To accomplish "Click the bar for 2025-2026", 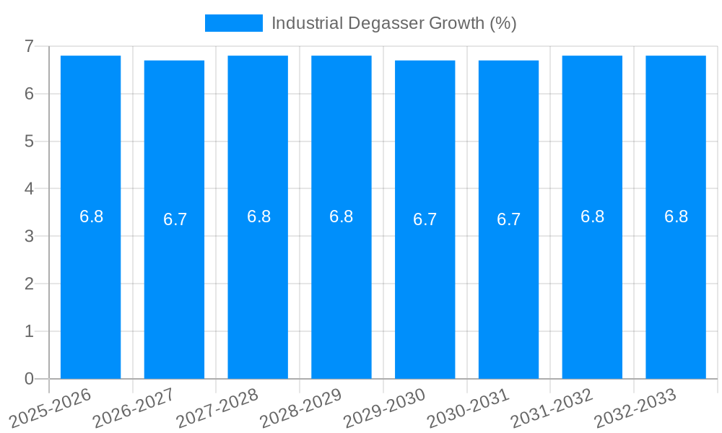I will coord(90,289).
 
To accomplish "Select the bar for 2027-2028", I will coord(258,289).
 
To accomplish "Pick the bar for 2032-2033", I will coord(676,289).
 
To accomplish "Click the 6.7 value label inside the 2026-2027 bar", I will coord(175,220).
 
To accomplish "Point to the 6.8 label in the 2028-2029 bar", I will coord(341,216).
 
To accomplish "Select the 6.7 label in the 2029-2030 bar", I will coord(425,220).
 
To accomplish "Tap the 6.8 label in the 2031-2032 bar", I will coord(592,216).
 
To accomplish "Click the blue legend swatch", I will coord(233,23).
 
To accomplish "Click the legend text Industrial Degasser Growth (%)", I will coord(393,23).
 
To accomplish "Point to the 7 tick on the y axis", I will coord(29,46).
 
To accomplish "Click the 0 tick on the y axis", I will coord(29,379).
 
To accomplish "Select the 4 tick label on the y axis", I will coord(29,189).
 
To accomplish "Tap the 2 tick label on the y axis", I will coord(29,284).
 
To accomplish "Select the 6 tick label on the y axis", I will coord(29,94).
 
